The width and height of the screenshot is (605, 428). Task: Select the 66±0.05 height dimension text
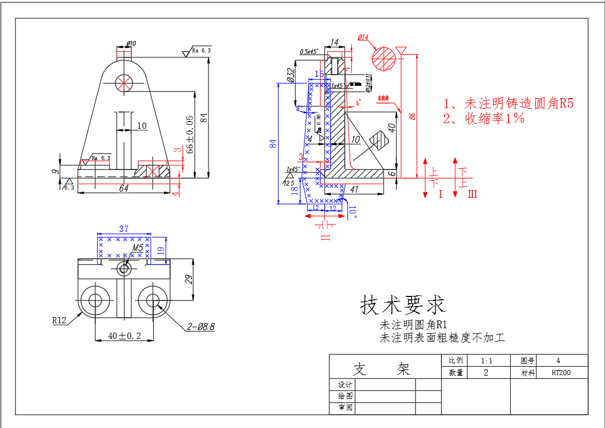pos(190,134)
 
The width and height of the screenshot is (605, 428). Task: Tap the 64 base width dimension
pos(124,188)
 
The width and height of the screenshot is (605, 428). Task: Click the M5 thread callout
pos(138,247)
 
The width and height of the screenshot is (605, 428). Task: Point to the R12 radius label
pos(60,320)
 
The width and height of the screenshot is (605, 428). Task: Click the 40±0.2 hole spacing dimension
pos(124,336)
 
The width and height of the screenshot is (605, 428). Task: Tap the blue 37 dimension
pos(124,228)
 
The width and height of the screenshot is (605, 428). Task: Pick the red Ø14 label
pos(363,37)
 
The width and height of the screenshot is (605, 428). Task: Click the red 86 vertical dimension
pos(412,116)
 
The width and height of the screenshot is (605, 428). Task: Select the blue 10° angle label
pos(352,211)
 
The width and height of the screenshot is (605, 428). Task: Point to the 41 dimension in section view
pos(354,189)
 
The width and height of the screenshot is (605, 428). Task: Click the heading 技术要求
pos(403,305)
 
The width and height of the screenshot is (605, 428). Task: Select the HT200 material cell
pos(562,372)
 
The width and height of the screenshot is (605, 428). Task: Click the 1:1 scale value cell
pos(486,360)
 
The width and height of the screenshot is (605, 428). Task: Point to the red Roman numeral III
pos(472,194)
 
